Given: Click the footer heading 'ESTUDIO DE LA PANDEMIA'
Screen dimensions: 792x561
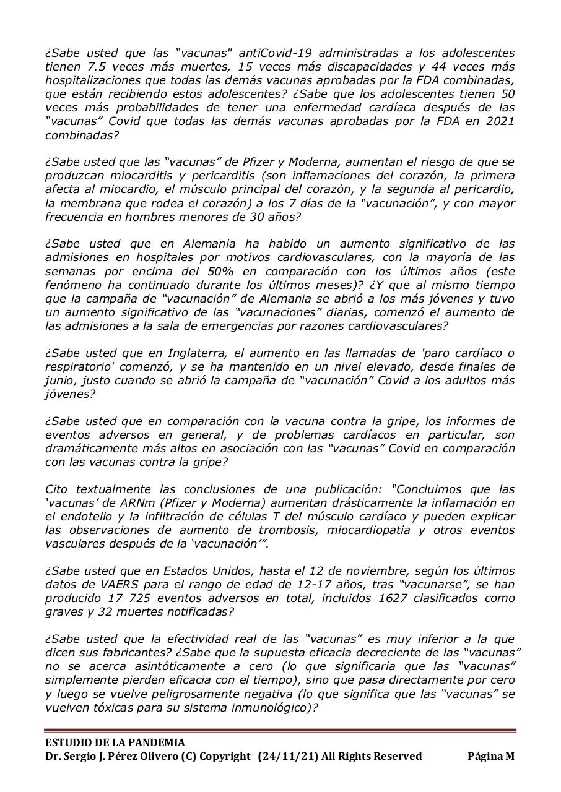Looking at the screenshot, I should click(115, 742).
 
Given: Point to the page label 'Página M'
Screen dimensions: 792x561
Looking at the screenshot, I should click(490, 756).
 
